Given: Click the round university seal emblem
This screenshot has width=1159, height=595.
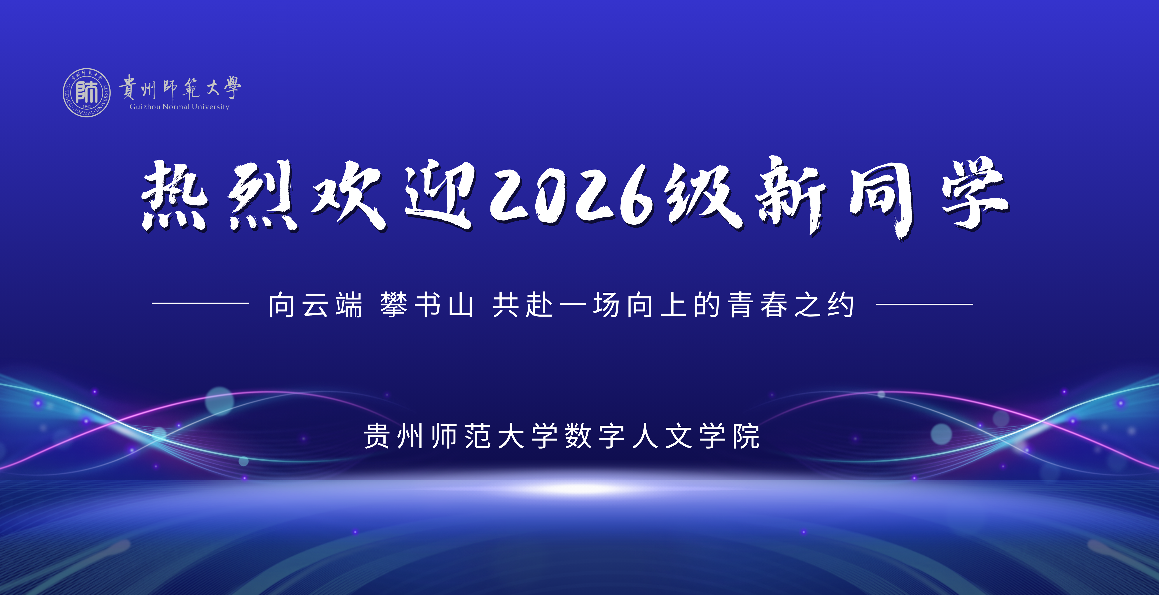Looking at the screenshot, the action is [x=86, y=93].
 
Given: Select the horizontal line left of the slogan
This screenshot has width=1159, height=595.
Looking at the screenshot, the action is [x=200, y=303].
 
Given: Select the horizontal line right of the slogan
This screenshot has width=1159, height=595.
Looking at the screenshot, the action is [x=925, y=304].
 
